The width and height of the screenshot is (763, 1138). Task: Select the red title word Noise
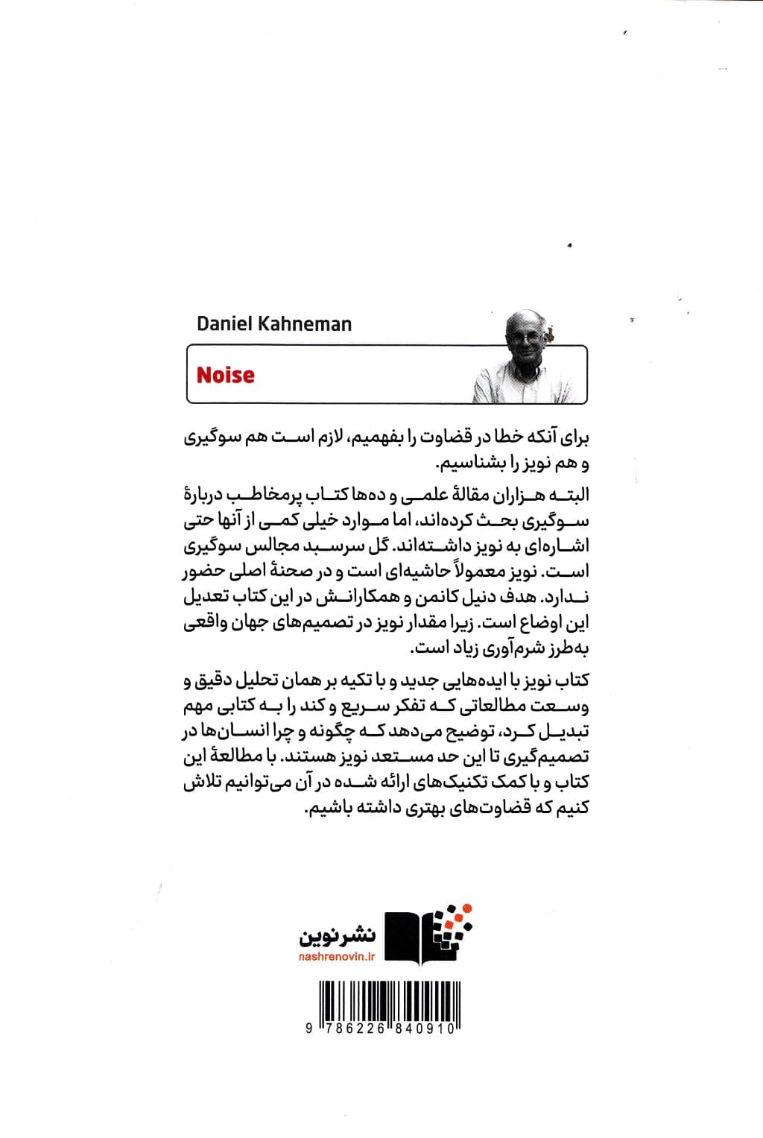pos(225,375)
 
